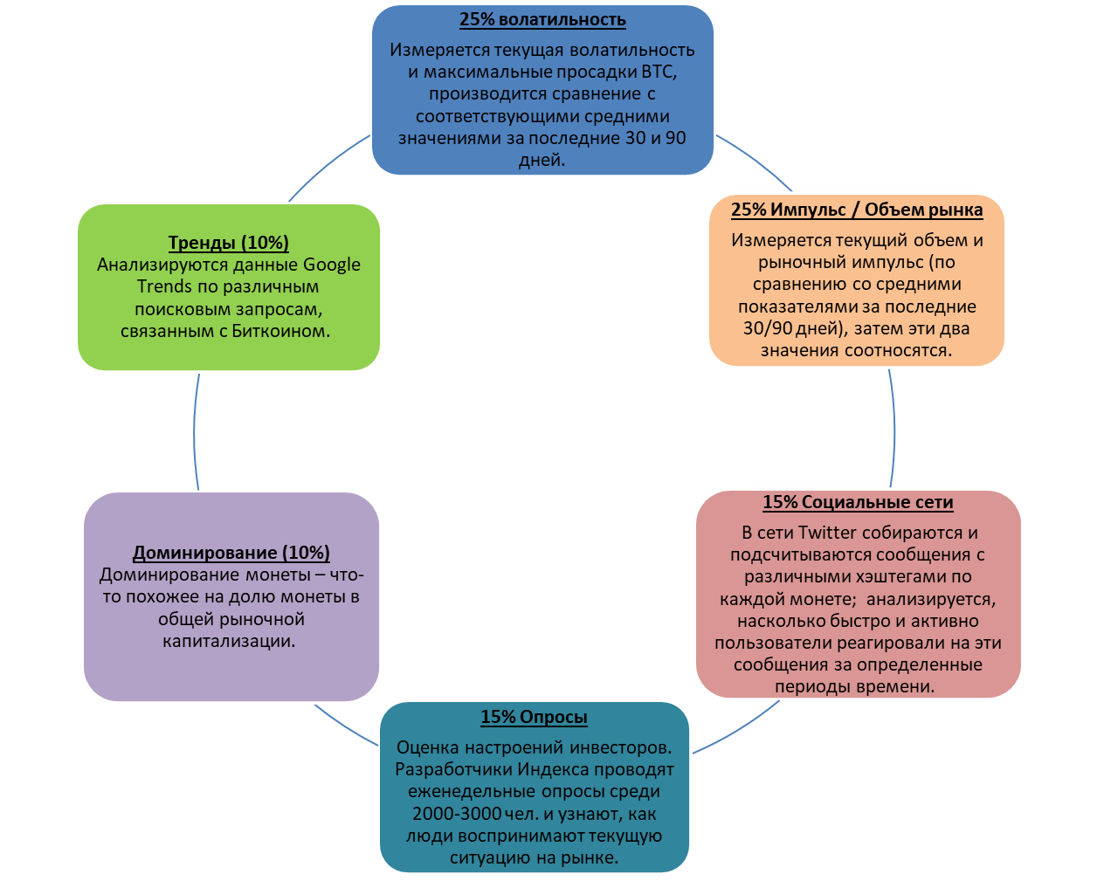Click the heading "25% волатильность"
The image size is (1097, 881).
(542, 20)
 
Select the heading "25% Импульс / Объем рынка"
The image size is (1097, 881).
(856, 210)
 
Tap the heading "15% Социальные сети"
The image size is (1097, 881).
(858, 503)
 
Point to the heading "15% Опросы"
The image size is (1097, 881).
(534, 718)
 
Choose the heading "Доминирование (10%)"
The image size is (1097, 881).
(231, 554)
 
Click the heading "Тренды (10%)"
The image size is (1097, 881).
(229, 244)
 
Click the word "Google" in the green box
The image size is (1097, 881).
(332, 265)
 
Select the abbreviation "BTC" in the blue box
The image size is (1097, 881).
(659, 72)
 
